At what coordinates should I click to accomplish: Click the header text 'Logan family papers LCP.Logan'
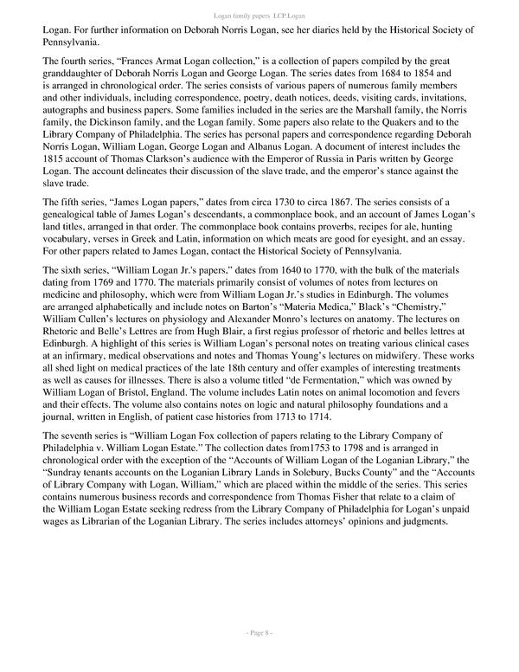click(x=259, y=16)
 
